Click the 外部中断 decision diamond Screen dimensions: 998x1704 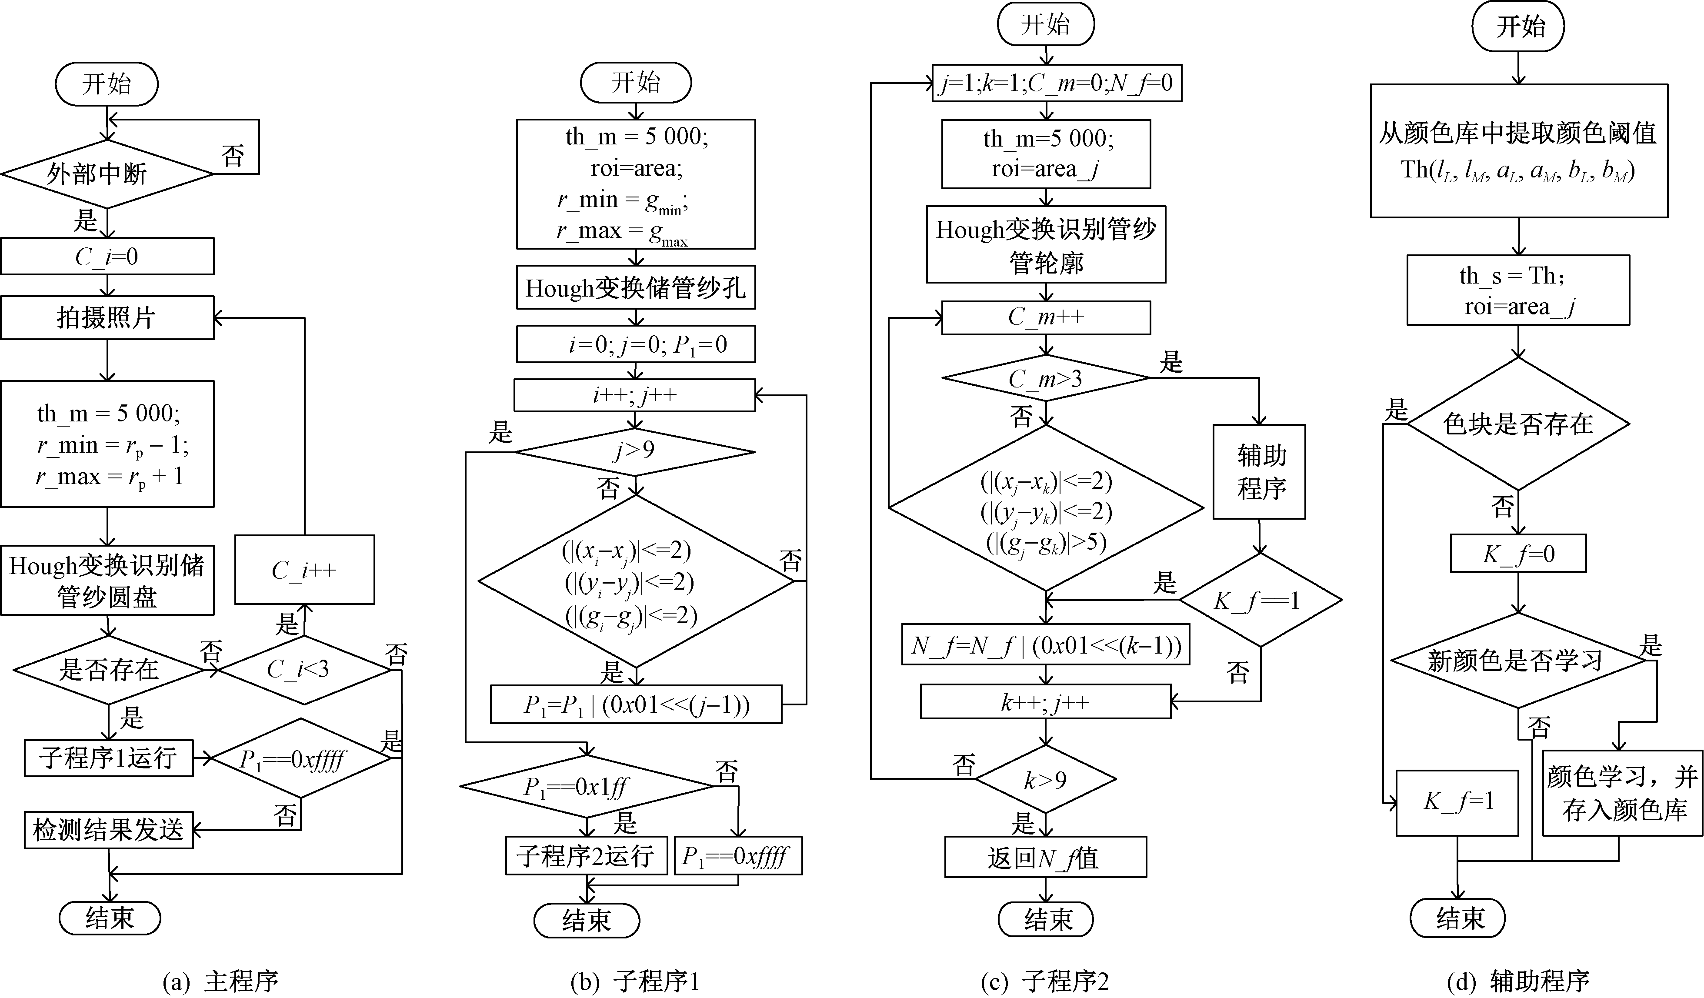(x=107, y=174)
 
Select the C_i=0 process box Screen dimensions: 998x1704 (x=107, y=256)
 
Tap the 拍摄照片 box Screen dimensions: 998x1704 (x=107, y=317)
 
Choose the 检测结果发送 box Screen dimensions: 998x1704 (x=108, y=830)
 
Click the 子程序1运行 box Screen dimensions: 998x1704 (x=108, y=757)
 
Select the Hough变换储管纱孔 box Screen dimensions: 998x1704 (x=636, y=287)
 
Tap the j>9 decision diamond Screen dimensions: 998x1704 (x=634, y=451)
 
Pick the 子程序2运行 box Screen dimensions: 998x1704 (x=586, y=856)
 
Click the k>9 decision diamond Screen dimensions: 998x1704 (x=1045, y=780)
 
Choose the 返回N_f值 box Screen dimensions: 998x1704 (x=1045, y=858)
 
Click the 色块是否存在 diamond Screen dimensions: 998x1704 (x=1518, y=424)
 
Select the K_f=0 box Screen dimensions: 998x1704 (x=1518, y=554)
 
